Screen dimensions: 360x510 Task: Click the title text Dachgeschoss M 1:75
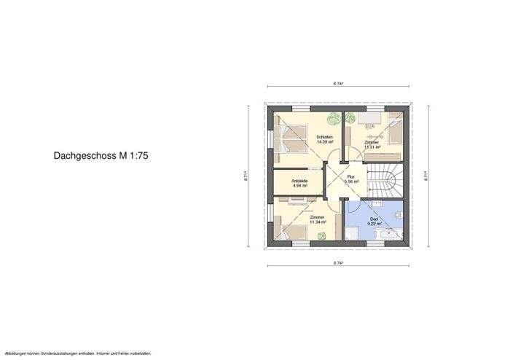point(101,155)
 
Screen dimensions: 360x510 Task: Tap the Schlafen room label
point(325,137)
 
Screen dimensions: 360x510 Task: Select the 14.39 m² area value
point(325,142)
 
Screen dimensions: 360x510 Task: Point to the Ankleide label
point(299,181)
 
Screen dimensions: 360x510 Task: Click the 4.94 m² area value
point(299,186)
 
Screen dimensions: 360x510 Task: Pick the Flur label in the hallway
point(350,177)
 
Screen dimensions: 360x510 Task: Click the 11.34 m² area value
point(317,222)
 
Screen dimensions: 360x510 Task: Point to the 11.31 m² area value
point(372,146)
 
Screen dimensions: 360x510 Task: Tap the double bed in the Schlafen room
point(292,138)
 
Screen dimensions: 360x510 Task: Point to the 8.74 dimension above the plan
point(338,85)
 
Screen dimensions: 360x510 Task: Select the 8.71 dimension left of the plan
point(247,175)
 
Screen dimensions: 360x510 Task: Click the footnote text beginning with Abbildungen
point(76,353)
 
